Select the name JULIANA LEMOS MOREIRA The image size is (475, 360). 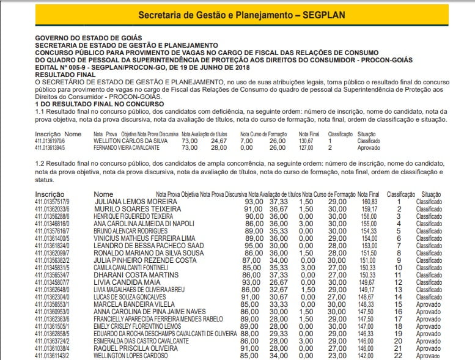[x=136, y=201]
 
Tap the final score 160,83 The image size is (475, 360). [x=369, y=201]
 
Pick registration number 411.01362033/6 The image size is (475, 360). [x=52, y=208]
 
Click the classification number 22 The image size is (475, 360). [x=398, y=355]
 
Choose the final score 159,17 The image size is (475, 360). [x=369, y=208]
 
